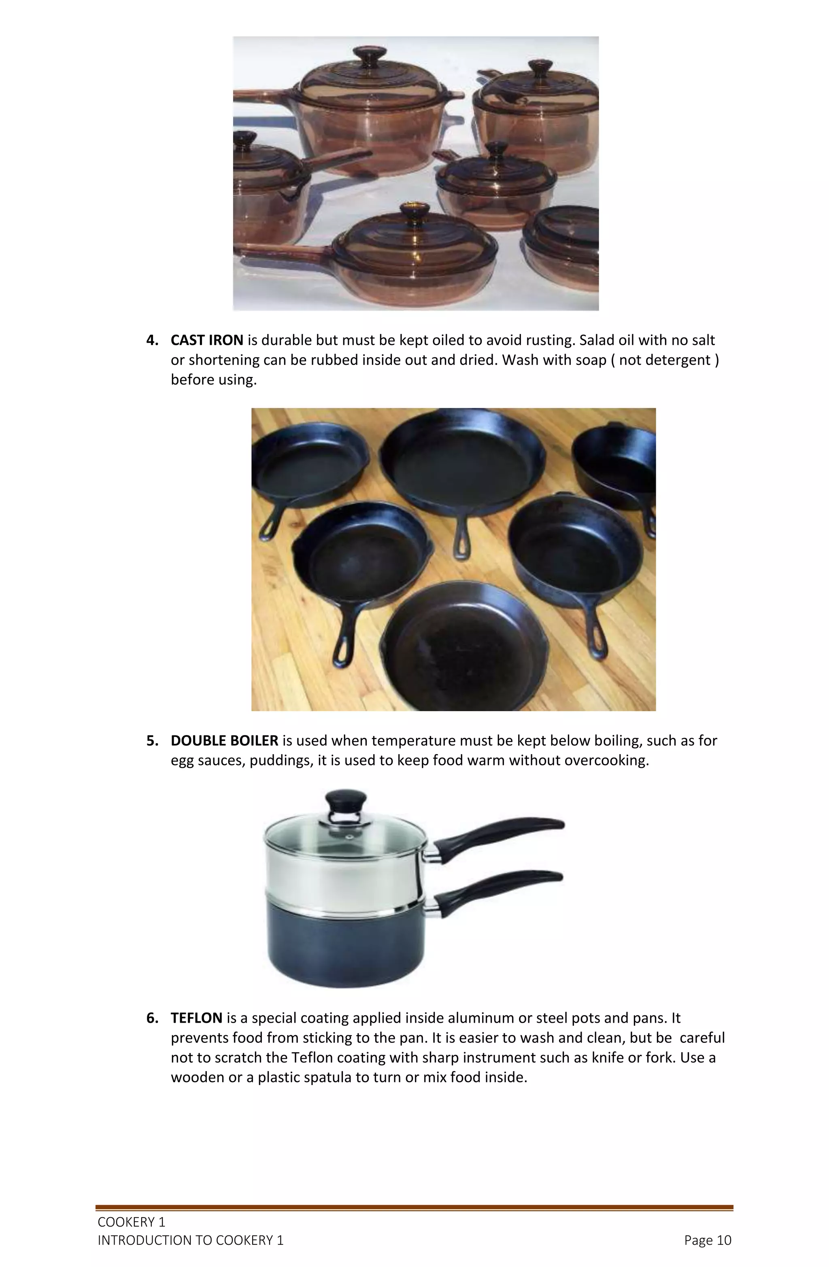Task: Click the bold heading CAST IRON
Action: click(207, 340)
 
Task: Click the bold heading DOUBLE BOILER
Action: click(224, 741)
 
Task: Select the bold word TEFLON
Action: click(196, 1018)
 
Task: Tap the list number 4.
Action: click(152, 340)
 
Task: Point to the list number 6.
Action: click(152, 1018)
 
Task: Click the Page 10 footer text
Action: click(707, 1240)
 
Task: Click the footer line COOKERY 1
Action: click(131, 1222)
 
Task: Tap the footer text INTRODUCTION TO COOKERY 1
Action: click(190, 1240)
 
